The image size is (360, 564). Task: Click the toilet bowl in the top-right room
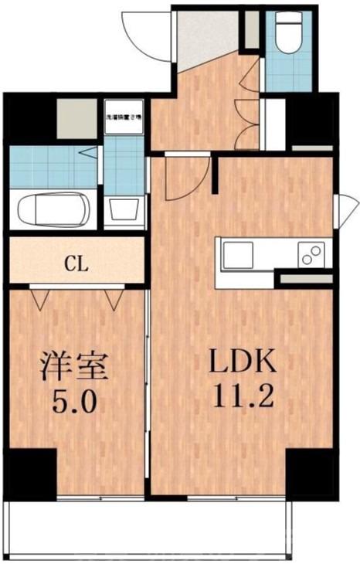(x=288, y=36)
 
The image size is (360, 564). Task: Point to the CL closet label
(x=75, y=263)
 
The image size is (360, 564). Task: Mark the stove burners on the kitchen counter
(x=311, y=254)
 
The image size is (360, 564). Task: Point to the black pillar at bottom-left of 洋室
(x=29, y=471)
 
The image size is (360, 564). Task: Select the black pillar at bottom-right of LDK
(x=311, y=471)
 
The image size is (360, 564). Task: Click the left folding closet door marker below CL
(x=40, y=297)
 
